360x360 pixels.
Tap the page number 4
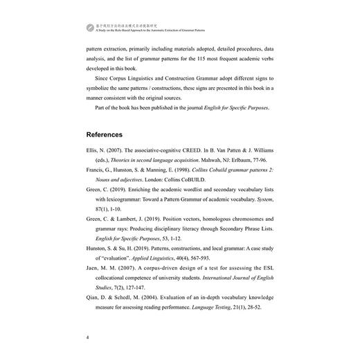87,338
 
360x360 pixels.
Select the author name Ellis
94,150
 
